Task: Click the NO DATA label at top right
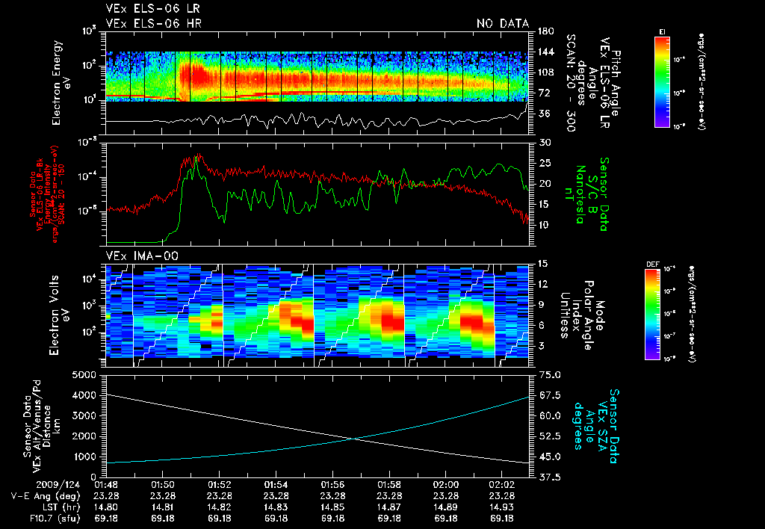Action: pos(503,23)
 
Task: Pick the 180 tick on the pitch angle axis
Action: pos(544,31)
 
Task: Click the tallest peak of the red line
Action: pos(199,155)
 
